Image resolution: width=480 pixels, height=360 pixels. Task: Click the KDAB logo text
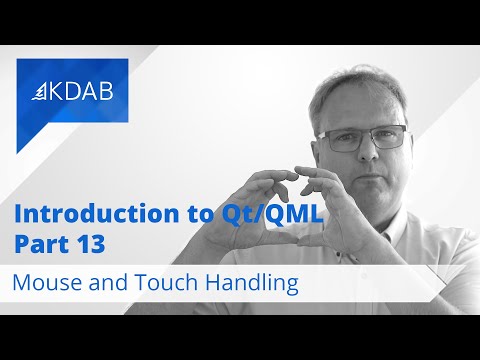click(x=80, y=90)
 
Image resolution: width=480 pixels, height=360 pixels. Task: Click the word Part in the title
click(x=37, y=243)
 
